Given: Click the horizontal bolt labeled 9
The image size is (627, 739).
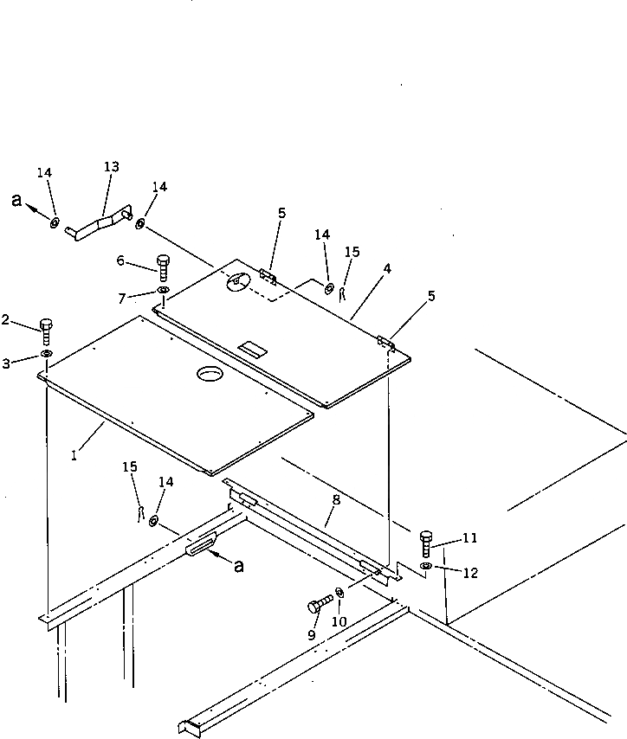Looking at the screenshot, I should (x=320, y=602).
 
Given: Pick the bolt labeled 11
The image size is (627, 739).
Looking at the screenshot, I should (x=425, y=543).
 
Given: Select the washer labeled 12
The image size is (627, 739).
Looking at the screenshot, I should (x=425, y=566).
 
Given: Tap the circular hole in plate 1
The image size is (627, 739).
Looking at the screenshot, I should (x=210, y=374).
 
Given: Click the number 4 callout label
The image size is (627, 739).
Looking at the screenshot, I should (x=387, y=268).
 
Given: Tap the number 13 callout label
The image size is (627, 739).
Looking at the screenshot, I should (x=111, y=166).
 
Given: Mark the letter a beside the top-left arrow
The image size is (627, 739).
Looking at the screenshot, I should (x=16, y=200).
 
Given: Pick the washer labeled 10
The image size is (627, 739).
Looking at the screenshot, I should (x=339, y=593).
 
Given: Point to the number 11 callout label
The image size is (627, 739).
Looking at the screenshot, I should (x=469, y=538).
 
